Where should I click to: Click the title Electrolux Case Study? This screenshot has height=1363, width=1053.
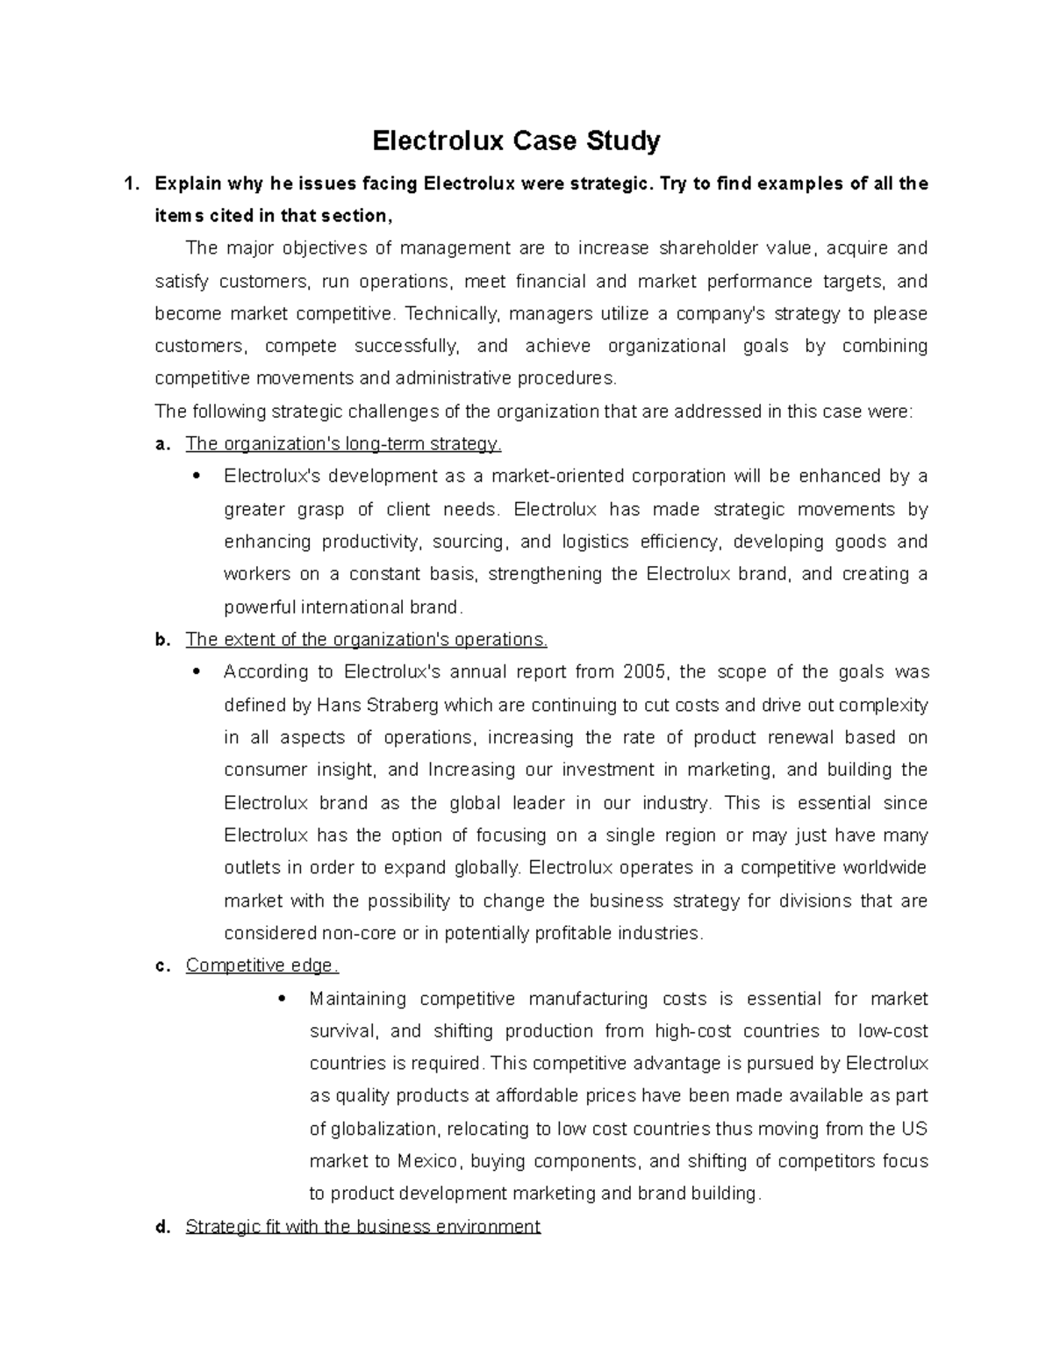click(x=516, y=140)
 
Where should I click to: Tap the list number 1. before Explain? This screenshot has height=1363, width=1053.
click(x=132, y=184)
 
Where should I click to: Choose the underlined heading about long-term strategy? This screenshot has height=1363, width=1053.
click(x=343, y=444)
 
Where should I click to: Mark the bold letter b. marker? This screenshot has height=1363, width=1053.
click(x=161, y=640)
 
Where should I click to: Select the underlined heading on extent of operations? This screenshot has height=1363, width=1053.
click(x=366, y=640)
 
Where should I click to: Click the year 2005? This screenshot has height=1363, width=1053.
click(x=645, y=672)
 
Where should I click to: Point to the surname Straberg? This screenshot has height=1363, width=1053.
click(x=398, y=706)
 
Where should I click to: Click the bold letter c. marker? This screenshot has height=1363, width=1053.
click(x=161, y=966)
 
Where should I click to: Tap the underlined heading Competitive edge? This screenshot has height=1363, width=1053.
click(x=261, y=966)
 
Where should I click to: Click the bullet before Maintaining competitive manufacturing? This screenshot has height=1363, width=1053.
click(x=282, y=1000)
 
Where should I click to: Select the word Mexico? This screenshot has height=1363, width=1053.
click(x=427, y=1162)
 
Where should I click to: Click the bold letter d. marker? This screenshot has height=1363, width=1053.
click(x=161, y=1227)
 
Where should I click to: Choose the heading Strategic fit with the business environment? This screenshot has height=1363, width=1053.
click(x=362, y=1227)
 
